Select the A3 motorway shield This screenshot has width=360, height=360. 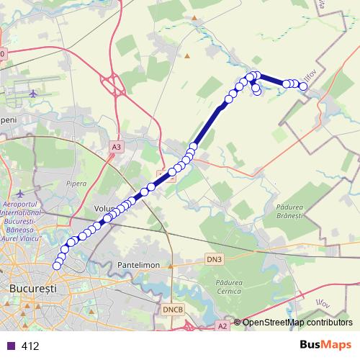117,146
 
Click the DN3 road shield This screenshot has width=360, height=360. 215,258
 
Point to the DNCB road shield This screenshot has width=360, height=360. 172,309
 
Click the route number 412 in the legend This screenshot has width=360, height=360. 30,346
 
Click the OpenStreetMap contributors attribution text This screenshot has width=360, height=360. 297,323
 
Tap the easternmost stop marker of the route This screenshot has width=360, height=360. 304,86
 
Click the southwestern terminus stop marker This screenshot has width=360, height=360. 57,266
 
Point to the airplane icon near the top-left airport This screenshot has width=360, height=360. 35,93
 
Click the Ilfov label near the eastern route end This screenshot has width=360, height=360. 311,75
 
